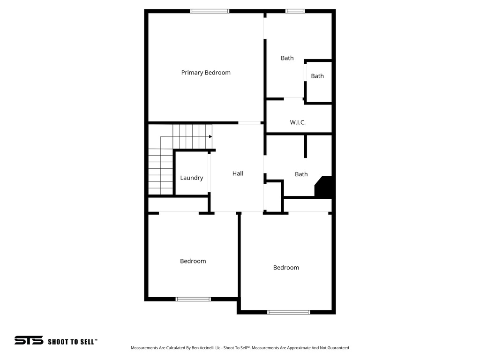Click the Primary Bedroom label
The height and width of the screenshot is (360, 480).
(x=206, y=73)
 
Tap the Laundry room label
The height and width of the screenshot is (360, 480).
(x=192, y=178)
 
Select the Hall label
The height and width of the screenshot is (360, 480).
(x=238, y=173)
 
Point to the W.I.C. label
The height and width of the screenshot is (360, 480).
(x=298, y=122)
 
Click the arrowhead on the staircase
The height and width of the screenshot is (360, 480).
(x=210, y=136)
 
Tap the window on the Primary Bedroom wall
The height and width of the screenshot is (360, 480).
(x=210, y=11)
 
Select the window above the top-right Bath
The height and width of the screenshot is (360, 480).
(x=295, y=11)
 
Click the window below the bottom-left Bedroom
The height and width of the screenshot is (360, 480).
(x=193, y=299)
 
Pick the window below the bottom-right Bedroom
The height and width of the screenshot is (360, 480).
(x=288, y=312)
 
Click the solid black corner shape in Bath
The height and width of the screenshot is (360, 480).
(x=325, y=187)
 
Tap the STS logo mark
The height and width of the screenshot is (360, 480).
(x=29, y=340)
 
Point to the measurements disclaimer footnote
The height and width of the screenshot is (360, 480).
(x=240, y=348)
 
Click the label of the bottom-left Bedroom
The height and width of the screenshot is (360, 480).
(x=193, y=261)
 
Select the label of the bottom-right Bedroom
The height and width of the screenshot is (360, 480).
(x=286, y=268)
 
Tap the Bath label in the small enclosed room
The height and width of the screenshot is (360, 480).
(x=317, y=76)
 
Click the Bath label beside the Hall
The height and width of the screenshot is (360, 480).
(x=301, y=174)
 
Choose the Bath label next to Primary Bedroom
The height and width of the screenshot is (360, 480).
(x=287, y=58)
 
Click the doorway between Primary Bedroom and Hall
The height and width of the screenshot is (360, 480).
(x=249, y=123)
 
